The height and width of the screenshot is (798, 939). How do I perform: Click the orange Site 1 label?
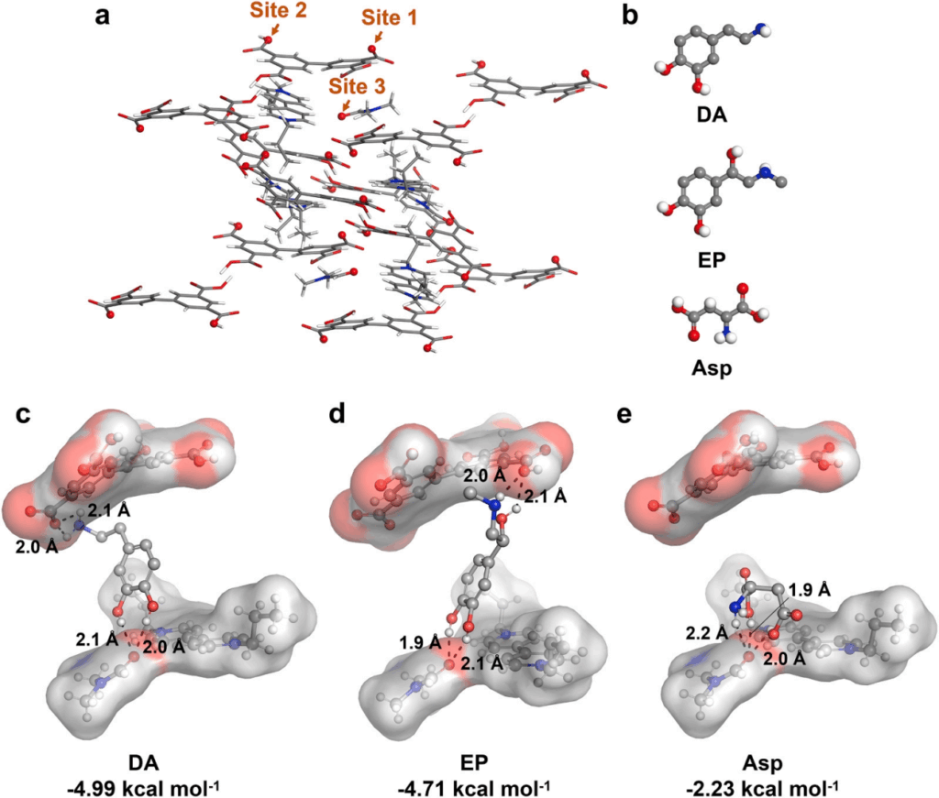click(389, 17)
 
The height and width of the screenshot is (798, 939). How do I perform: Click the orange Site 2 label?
click(279, 10)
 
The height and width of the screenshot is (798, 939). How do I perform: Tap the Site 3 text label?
click(357, 86)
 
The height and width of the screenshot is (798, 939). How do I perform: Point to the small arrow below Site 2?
click(274, 28)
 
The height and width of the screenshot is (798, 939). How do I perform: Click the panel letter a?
click(103, 16)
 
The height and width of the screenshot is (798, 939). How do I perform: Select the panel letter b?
click(630, 15)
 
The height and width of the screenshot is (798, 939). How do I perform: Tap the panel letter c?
click(23, 414)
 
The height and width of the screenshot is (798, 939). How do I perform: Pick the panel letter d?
click(337, 412)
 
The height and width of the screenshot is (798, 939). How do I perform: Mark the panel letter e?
click(624, 414)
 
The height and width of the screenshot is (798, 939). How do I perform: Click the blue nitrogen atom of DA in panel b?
click(760, 28)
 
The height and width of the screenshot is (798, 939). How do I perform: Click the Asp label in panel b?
click(712, 368)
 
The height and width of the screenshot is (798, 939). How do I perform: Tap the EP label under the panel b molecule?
click(712, 259)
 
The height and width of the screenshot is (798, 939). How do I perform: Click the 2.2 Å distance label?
click(708, 632)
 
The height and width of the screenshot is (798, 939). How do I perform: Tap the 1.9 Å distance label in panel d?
click(420, 643)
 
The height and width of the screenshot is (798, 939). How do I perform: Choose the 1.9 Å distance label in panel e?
click(810, 590)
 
